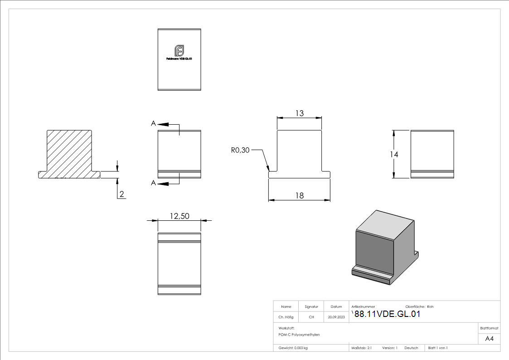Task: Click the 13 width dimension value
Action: tap(299, 113)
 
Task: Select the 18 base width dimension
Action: tap(299, 195)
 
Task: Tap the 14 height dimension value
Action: tap(394, 155)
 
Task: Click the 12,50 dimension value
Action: tap(179, 216)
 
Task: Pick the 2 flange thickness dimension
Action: tap(121, 194)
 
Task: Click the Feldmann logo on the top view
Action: tap(179, 51)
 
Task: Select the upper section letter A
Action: tap(154, 123)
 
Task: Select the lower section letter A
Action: tap(154, 183)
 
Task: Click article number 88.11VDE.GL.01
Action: tap(387, 314)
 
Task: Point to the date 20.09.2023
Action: tap(336, 317)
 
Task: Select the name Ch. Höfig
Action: tap(286, 317)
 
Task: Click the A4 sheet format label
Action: tap(490, 339)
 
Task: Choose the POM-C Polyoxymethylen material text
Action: tap(299, 334)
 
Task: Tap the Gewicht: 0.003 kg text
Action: tap(293, 348)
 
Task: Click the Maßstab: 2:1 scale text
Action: tap(362, 348)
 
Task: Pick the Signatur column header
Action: tap(311, 306)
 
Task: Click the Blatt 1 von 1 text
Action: tap(438, 348)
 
